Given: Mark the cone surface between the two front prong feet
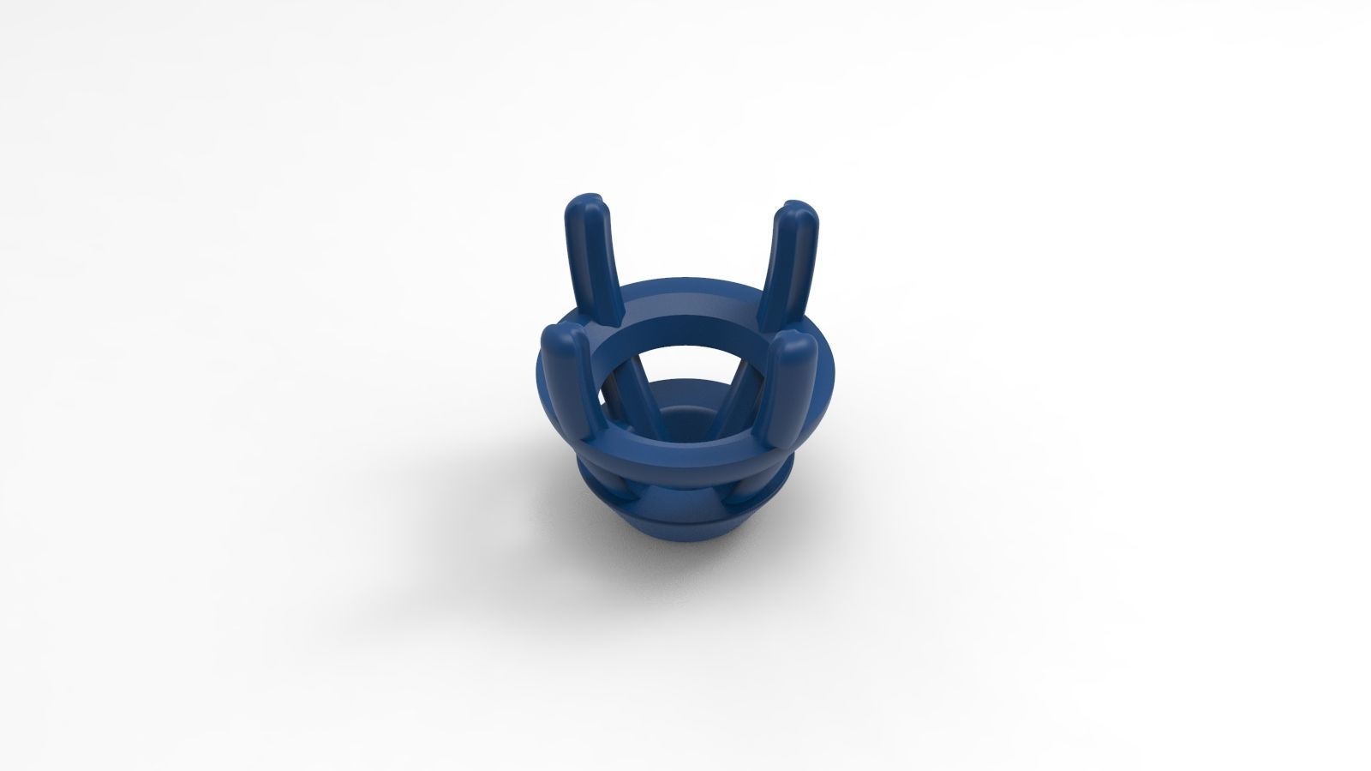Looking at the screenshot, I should pos(681,506).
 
